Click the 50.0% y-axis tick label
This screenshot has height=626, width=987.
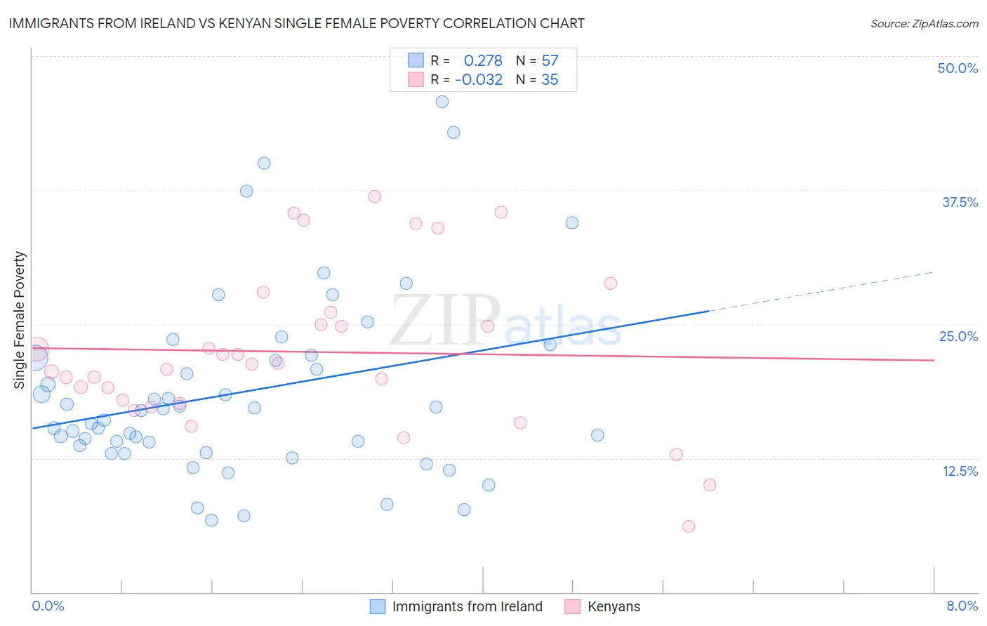pos(958,68)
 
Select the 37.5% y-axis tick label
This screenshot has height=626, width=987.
pos(960,202)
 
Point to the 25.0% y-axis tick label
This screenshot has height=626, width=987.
pos(958,336)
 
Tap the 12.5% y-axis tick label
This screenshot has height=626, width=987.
pos(960,471)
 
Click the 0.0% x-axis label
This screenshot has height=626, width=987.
pos(48,606)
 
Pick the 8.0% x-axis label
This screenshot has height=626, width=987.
pos(962,606)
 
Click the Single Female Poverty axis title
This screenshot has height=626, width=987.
pos(20,320)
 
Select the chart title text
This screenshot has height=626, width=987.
pos(296,23)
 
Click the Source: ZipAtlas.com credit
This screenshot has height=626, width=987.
pos(924,24)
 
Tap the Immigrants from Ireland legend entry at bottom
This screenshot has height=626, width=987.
pos(456,606)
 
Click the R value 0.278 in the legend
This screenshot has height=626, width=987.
pos(483,61)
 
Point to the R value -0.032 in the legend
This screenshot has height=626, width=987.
pos(479,80)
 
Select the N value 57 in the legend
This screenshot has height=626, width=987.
pos(550,61)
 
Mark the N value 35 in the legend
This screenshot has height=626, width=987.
pos(550,80)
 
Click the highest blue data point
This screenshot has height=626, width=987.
pos(442,102)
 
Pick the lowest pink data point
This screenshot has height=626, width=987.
pos(689,526)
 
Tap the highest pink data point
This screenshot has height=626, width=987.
pos(375,197)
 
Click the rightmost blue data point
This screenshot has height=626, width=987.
pos(597,435)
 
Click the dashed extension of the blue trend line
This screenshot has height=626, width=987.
pos(821,291)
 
